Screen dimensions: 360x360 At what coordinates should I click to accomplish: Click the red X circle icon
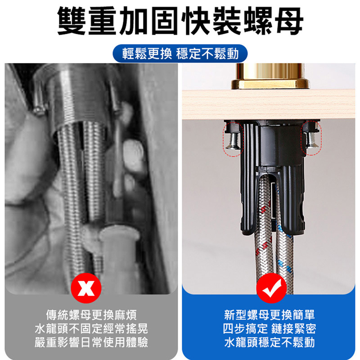tap(86, 288)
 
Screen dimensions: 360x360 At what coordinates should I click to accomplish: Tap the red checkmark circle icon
tap(271, 288)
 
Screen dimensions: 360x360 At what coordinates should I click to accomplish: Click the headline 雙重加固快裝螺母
tap(180, 21)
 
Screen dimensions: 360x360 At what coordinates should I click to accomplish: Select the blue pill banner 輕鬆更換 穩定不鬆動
tap(180, 54)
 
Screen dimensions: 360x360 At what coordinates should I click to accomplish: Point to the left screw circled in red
tap(233, 141)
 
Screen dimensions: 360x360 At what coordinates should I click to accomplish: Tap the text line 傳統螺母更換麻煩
tap(91, 315)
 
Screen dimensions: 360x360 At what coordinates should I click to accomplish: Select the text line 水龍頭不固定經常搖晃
tap(91, 328)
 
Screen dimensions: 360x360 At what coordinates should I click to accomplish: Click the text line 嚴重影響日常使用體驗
tap(91, 342)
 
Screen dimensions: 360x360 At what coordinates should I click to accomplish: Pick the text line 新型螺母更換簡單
tap(270, 315)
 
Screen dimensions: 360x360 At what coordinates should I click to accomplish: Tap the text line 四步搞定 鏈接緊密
tap(270, 328)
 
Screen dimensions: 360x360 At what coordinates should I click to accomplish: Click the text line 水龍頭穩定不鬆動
tap(270, 342)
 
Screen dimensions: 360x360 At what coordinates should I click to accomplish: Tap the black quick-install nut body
tap(272, 175)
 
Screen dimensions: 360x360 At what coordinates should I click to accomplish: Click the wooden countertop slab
tap(269, 105)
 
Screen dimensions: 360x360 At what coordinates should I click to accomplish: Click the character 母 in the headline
tap(290, 21)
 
